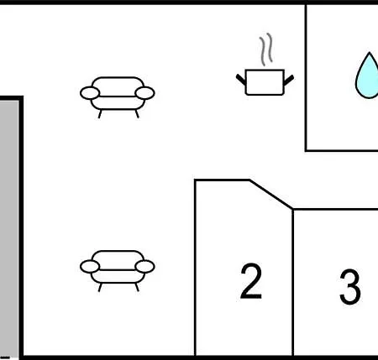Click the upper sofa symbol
click(x=118, y=97)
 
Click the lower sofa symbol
click(x=118, y=271)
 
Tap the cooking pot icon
click(x=265, y=82)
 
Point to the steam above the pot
click(x=266, y=50)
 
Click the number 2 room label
click(x=251, y=281)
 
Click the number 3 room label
click(x=350, y=286)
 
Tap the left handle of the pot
click(x=241, y=79)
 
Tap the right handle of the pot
click(x=289, y=80)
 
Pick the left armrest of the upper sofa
click(x=90, y=93)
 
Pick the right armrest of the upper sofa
click(x=144, y=93)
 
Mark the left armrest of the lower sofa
click(x=90, y=267)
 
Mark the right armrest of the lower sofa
click(x=144, y=267)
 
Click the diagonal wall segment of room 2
click(x=271, y=195)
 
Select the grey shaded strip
click(x=9, y=229)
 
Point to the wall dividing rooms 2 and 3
click(x=293, y=283)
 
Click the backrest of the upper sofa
click(x=118, y=86)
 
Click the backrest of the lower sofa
click(x=118, y=259)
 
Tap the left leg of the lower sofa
click(x=100, y=287)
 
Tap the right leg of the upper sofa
click(x=137, y=114)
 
